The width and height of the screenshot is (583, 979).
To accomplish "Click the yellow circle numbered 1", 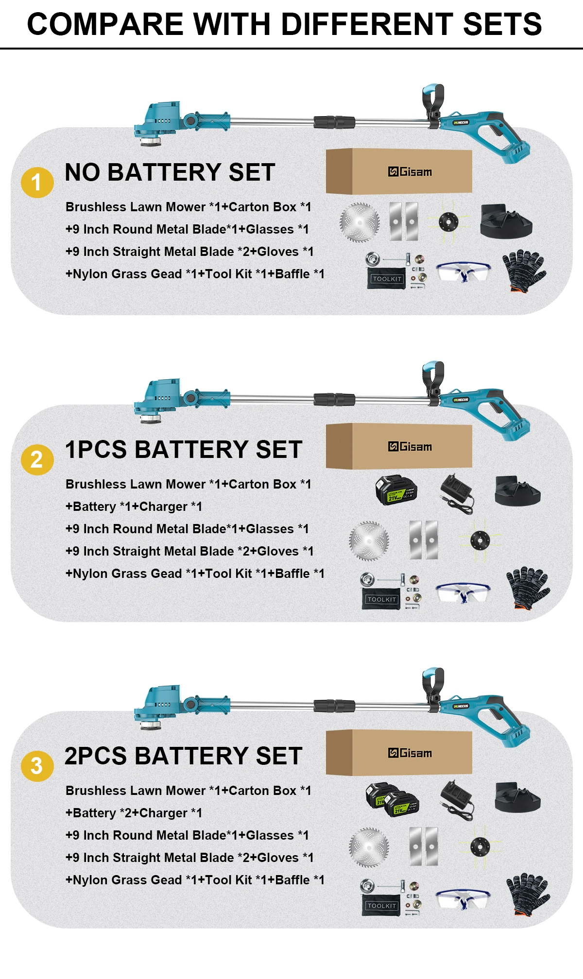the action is click(37, 183).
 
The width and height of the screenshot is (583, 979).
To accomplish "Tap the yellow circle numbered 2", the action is click(37, 459).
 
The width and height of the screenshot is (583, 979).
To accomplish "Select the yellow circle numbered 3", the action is click(37, 766).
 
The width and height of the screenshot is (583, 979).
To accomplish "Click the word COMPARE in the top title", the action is click(104, 24).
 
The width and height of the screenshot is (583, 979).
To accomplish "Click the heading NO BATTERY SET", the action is click(170, 172).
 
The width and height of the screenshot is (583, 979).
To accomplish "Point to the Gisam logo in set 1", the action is click(410, 172).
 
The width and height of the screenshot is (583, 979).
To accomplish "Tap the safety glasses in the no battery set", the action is click(463, 272).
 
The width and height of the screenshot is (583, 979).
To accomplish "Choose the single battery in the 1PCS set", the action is click(396, 490).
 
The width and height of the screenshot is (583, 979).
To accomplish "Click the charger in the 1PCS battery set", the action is click(457, 493).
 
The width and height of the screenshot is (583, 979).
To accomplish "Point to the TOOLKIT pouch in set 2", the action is click(382, 599).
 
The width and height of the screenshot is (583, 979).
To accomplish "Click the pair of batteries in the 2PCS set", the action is click(392, 799).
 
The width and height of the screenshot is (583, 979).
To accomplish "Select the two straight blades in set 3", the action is click(424, 846).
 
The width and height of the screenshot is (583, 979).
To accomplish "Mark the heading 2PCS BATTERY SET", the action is click(183, 756).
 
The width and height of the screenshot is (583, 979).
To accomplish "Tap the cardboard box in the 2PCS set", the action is click(399, 752).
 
